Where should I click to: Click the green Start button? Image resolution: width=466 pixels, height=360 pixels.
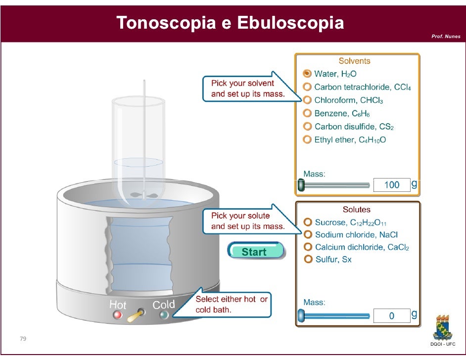255,252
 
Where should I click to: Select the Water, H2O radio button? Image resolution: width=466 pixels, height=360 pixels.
307,74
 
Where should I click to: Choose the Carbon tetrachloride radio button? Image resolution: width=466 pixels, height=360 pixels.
307,87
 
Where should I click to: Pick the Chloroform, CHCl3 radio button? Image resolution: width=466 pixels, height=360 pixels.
307,100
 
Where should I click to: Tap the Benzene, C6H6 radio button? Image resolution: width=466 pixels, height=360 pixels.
307,113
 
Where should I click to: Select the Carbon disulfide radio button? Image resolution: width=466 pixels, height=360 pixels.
307,126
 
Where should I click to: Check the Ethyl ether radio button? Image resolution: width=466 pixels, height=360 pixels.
307,139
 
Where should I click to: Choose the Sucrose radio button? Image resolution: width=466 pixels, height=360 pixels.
308,222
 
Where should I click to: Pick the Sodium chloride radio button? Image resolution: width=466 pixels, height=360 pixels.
308,234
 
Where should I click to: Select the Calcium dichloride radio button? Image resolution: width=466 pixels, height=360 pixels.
308,247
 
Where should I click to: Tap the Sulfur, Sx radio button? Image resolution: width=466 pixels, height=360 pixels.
308,259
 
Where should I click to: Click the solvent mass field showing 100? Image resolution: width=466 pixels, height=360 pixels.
391,185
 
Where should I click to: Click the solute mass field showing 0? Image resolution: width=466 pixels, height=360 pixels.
391,315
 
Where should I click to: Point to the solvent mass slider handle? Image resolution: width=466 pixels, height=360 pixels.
301,185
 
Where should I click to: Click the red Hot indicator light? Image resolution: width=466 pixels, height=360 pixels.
117,315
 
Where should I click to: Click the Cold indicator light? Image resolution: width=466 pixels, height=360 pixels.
164,315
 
